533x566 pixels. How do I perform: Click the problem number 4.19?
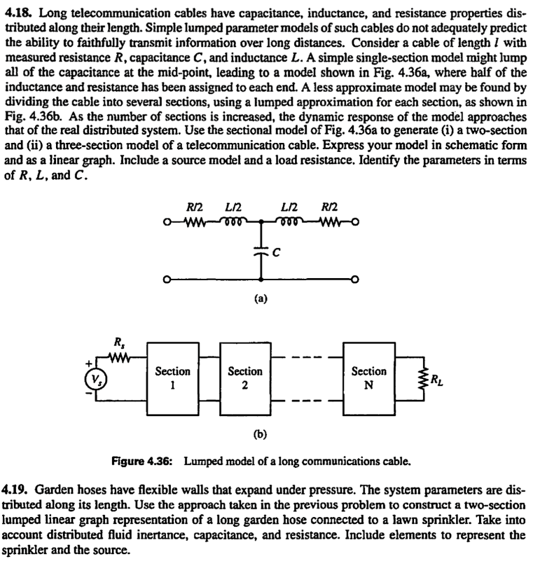click(x=15, y=486)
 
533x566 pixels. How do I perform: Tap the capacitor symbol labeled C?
click(x=261, y=251)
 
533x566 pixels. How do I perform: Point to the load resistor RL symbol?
click(x=422, y=378)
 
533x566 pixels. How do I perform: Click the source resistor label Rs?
click(x=118, y=344)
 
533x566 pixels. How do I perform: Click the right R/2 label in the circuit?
click(x=328, y=208)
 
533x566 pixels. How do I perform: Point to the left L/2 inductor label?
click(x=233, y=208)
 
